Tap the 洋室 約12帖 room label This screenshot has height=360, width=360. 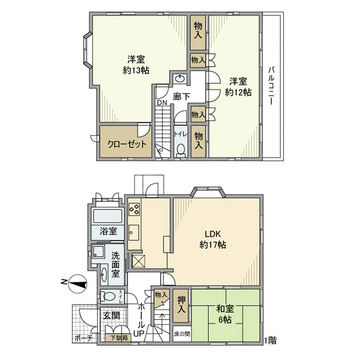[238, 87]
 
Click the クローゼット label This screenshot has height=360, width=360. [127, 143]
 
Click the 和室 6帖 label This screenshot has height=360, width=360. [225, 314]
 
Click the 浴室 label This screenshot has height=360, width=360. [108, 231]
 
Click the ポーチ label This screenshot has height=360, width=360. [83, 338]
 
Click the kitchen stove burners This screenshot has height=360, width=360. [134, 209]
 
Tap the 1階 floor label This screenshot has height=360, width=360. [270, 340]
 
